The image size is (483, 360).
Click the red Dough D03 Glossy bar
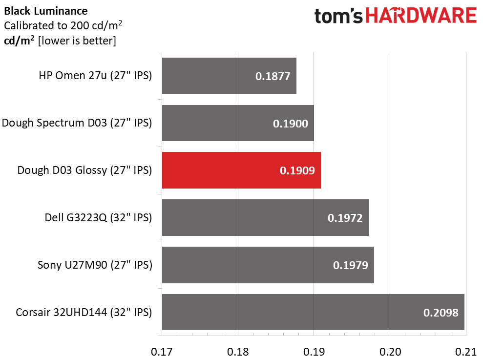click(241, 170)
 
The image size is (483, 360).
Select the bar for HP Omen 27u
click(229, 76)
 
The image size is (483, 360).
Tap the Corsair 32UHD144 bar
click(313, 312)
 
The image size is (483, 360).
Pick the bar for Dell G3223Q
click(265, 217)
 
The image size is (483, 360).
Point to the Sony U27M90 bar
click(268, 265)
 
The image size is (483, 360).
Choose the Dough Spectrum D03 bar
click(238, 123)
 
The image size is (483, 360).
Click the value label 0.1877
click(273, 76)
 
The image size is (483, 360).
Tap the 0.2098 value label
click(441, 313)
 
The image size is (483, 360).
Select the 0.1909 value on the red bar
click(297, 170)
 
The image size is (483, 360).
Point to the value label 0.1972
click(345, 218)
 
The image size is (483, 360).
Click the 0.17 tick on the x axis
click(162, 352)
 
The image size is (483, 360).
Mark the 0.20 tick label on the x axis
click(390, 352)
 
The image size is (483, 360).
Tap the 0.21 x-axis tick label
click(466, 352)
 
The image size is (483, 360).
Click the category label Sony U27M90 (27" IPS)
click(95, 265)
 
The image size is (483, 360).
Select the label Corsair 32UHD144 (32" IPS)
click(84, 312)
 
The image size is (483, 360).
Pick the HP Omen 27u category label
click(95, 76)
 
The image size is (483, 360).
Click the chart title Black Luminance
click(46, 11)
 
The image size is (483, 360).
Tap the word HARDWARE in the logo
click(421, 16)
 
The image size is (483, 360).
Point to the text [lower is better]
click(77, 41)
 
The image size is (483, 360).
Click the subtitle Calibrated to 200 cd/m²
click(63, 25)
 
